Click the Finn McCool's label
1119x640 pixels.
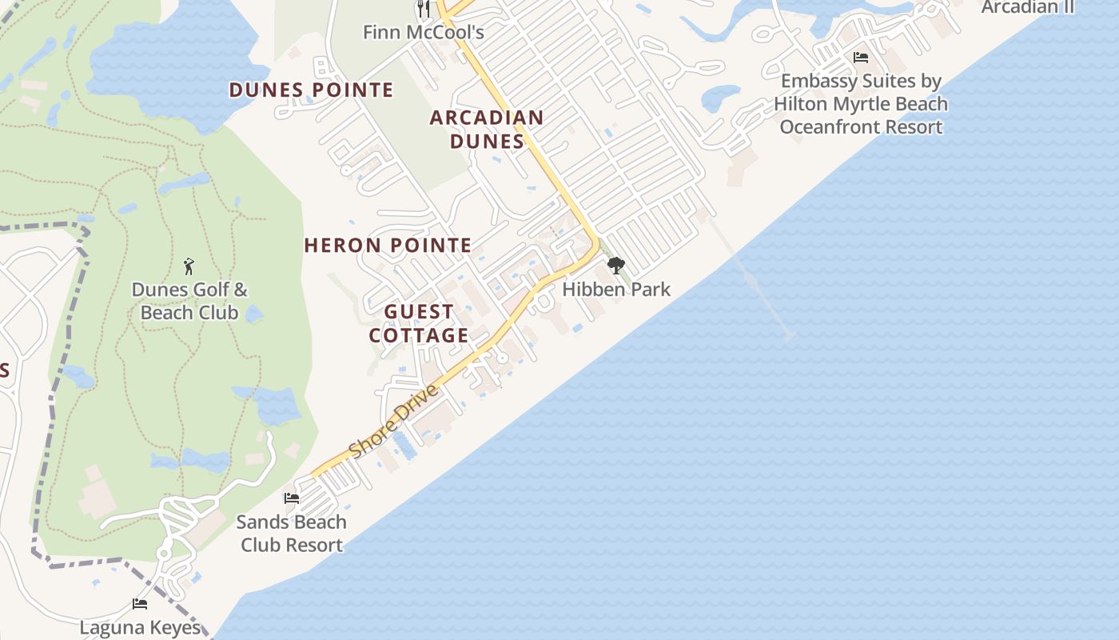click(423, 32)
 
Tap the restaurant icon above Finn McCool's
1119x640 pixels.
click(424, 9)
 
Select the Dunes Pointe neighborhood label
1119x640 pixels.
click(312, 90)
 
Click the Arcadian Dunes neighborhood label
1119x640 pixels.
click(487, 130)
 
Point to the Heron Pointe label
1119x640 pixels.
click(388, 246)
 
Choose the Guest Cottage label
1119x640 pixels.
click(419, 323)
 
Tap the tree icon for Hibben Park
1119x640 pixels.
click(615, 265)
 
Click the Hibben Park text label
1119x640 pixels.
click(616, 289)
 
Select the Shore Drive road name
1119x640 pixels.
click(394, 421)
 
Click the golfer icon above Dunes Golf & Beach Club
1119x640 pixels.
click(189, 266)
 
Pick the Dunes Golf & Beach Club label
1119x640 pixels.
click(189, 301)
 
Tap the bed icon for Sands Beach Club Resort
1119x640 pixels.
click(292, 498)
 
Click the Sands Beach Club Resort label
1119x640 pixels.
click(292, 534)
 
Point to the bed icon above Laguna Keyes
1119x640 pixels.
click(140, 604)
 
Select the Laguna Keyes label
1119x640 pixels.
click(140, 627)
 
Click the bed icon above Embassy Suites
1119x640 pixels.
click(861, 58)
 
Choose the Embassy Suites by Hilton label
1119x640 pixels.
click(861, 103)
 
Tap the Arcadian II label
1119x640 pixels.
click(1028, 7)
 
